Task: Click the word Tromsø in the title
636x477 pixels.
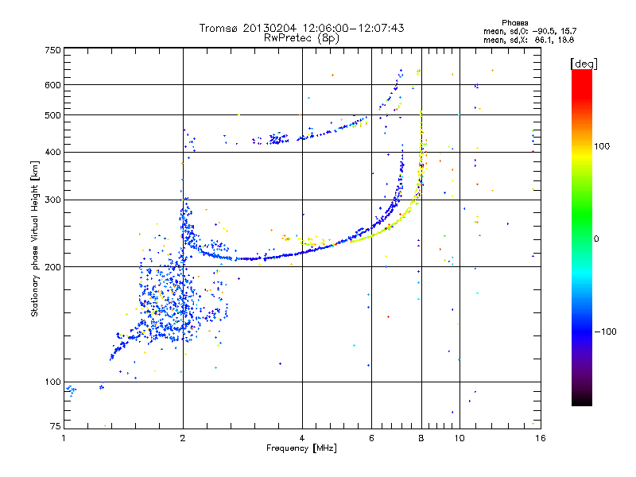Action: [x=218, y=28]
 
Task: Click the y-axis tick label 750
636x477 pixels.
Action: [x=52, y=50]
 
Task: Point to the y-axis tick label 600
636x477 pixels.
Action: [x=52, y=85]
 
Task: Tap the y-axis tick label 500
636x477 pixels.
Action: [x=52, y=115]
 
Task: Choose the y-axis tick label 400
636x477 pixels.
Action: [x=52, y=152]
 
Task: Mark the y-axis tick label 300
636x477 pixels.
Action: [x=52, y=200]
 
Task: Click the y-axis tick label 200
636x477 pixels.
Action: [x=52, y=267]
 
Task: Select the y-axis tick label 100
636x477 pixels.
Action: [x=52, y=382]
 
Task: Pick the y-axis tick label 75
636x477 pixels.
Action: [x=55, y=428]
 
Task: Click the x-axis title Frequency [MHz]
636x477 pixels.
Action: [x=301, y=449]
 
